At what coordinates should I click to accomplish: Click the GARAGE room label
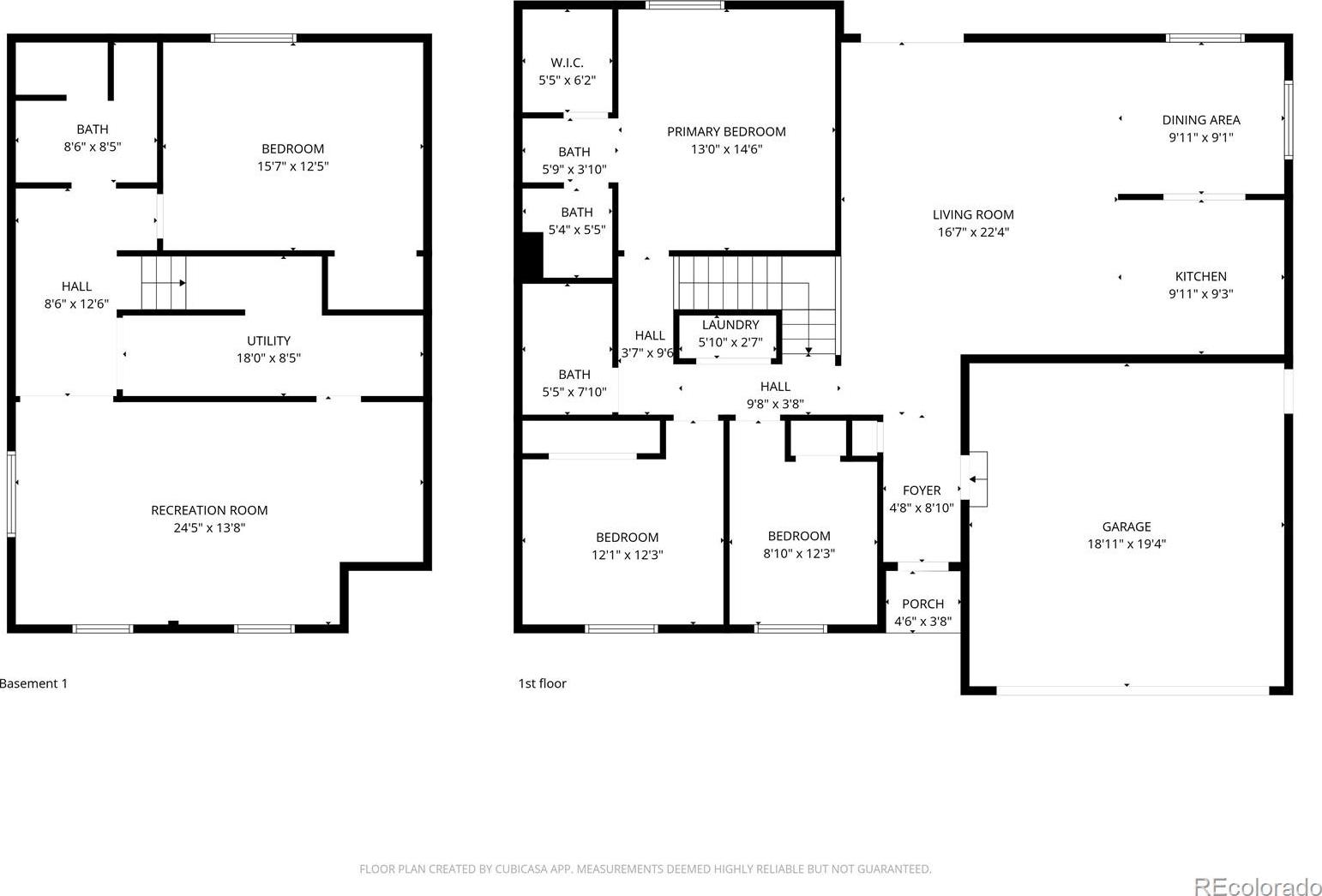[1126, 526]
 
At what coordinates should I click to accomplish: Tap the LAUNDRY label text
[730, 325]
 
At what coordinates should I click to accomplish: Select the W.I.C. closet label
[567, 63]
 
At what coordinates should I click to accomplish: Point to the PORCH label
[922, 604]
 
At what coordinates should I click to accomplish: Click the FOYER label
[922, 490]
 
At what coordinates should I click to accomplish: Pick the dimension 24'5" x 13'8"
[209, 527]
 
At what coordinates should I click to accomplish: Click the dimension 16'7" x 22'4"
[973, 232]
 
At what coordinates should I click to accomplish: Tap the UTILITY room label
[268, 340]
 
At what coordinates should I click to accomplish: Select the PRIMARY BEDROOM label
[726, 132]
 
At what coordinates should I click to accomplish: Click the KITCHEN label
[1200, 276]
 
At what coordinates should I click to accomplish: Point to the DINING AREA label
[1201, 120]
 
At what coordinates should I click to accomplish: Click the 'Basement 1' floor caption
[33, 683]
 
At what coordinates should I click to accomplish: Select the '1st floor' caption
[542, 683]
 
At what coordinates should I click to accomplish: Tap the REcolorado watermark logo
[1257, 886]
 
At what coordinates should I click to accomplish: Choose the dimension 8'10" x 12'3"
[798, 554]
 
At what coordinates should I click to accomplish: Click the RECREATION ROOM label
[209, 510]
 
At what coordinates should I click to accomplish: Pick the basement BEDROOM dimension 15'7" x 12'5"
[292, 166]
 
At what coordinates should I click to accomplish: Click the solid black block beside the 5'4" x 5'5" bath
[532, 256]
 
